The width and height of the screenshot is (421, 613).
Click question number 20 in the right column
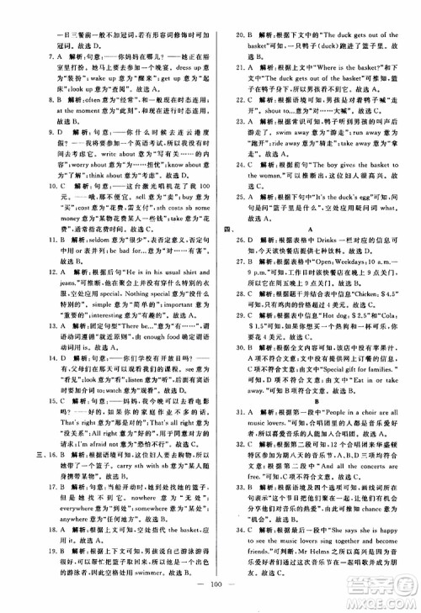coord(238,11)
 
